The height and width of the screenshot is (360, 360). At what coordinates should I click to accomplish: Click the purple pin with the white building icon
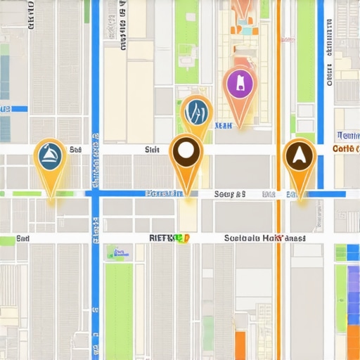pyautogui.click(x=240, y=84)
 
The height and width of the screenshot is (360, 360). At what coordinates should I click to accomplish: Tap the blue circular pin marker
pyautogui.click(x=196, y=112)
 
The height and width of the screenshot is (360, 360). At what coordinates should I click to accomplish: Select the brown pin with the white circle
pyautogui.click(x=186, y=151)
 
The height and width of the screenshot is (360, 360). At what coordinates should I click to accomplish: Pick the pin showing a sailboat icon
pyautogui.click(x=51, y=156)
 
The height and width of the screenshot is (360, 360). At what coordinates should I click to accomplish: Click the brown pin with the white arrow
pyautogui.click(x=300, y=155)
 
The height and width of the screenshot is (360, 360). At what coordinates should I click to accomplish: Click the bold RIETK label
pyautogui.click(x=169, y=238)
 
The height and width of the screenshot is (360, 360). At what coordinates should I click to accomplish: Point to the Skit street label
pyautogui.click(x=152, y=150)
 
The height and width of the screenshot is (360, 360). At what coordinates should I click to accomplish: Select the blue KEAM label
pyautogui.click(x=223, y=126)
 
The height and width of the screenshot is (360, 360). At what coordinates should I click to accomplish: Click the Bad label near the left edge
pyautogui.click(x=22, y=239)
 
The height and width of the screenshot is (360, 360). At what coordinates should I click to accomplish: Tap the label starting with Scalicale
pyautogui.click(x=264, y=238)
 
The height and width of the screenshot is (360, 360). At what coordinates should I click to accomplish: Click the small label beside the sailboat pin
pyautogui.click(x=76, y=150)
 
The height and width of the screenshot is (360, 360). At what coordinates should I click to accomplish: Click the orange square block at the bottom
pyautogui.click(x=240, y=345)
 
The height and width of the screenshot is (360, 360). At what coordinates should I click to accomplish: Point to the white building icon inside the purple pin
pyautogui.click(x=240, y=83)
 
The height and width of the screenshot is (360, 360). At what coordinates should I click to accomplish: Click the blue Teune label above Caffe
pyautogui.click(x=347, y=135)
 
